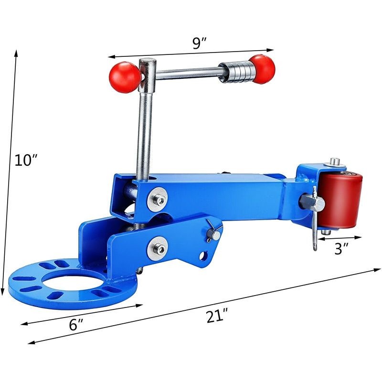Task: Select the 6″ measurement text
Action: click(x=76, y=325)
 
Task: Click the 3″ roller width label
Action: click(x=340, y=248)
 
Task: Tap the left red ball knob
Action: click(x=125, y=77)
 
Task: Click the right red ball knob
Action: click(x=262, y=68)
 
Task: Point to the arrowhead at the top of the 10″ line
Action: click(x=17, y=52)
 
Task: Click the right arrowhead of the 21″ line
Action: click(x=377, y=270)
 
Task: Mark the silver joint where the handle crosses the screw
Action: click(x=147, y=74)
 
